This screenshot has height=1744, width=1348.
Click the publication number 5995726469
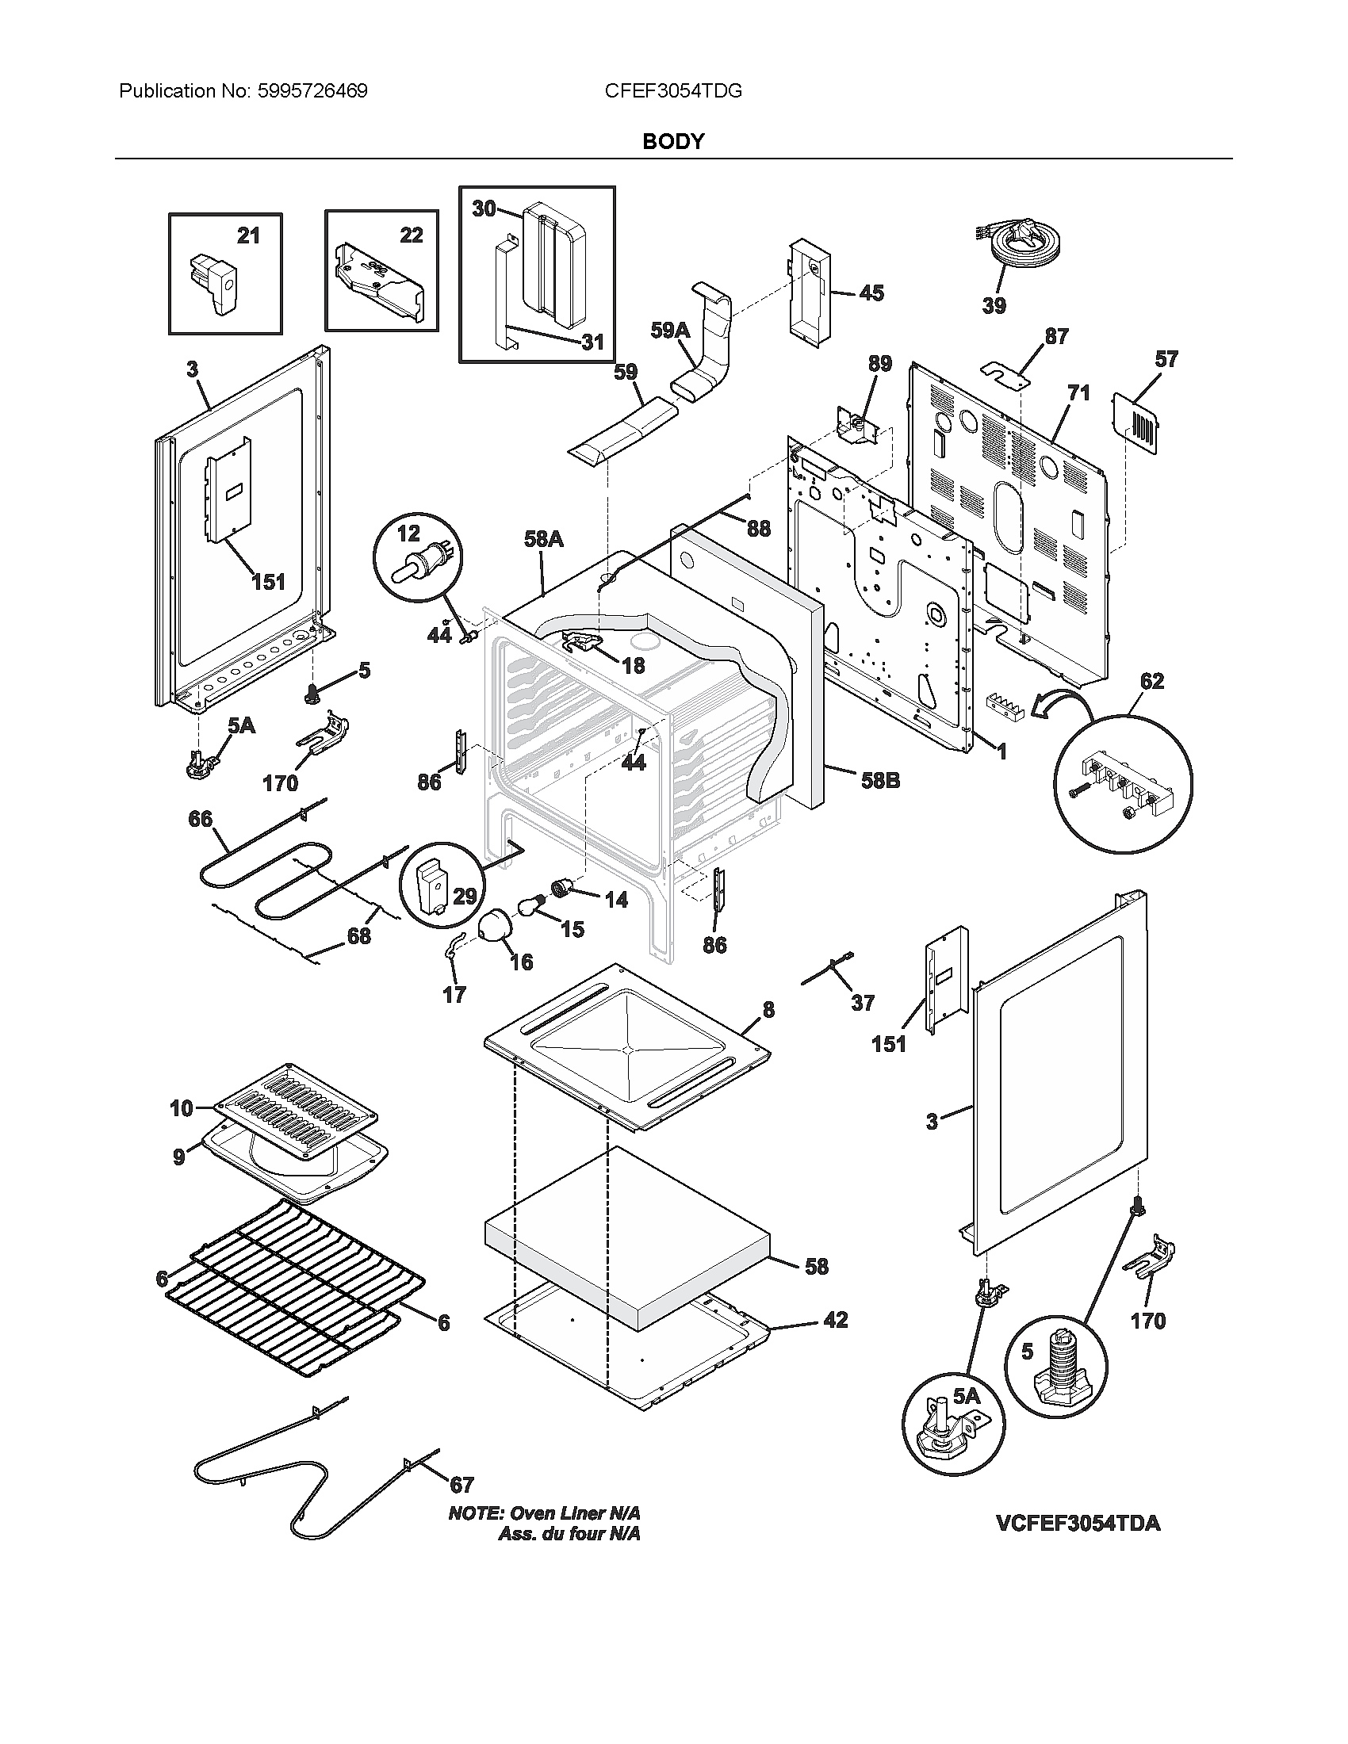click(312, 91)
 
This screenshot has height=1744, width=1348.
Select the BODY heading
click(673, 141)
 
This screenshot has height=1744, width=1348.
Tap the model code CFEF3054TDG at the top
click(673, 91)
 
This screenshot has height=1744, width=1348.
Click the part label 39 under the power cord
click(994, 305)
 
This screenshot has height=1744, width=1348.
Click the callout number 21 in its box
click(248, 235)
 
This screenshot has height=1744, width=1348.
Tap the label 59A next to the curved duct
click(669, 330)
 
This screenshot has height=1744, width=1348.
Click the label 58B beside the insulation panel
click(880, 780)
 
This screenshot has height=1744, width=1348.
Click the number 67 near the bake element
click(461, 1485)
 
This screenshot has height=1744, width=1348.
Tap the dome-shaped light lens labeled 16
click(496, 930)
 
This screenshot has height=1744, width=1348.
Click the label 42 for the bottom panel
click(835, 1320)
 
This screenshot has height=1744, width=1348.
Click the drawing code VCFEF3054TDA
click(1078, 1523)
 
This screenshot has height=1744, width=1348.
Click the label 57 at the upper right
click(1166, 359)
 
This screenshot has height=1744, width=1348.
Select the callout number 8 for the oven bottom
click(768, 1010)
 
